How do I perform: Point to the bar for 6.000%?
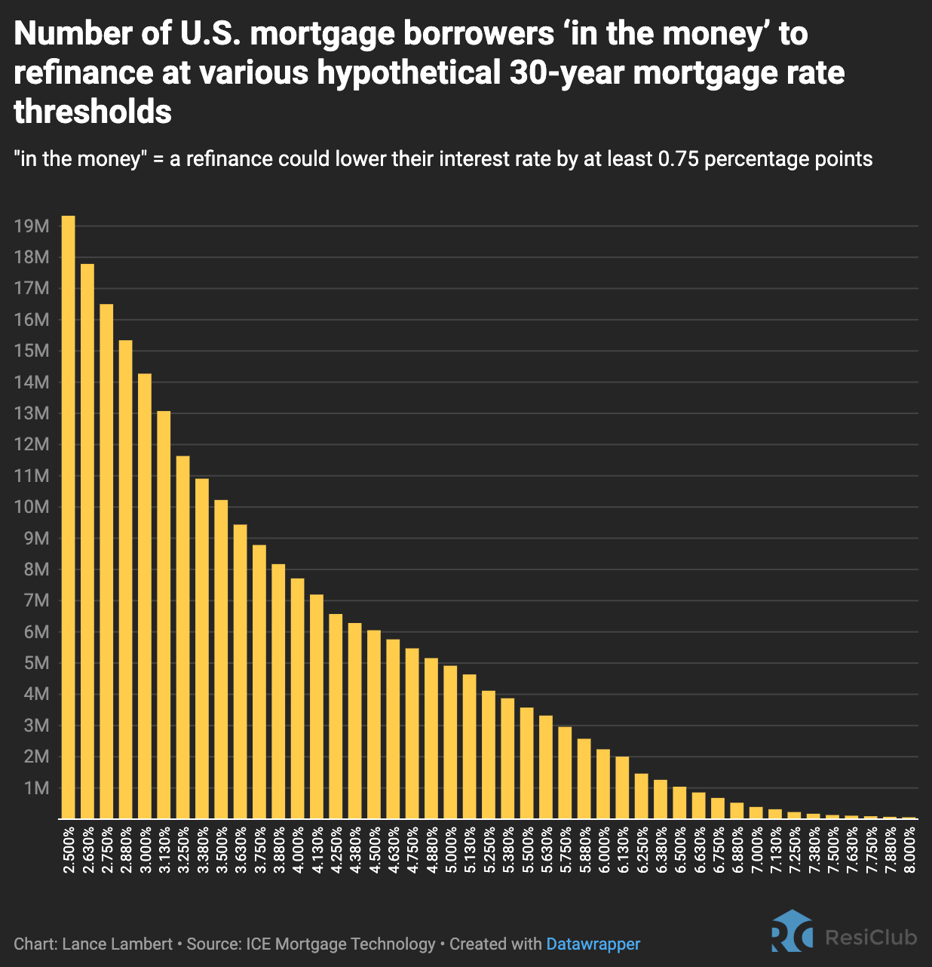(x=603, y=784)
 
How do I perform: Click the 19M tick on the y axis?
(x=32, y=226)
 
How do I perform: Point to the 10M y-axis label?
(x=32, y=507)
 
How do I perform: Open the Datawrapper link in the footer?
(x=593, y=944)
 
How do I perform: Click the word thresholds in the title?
(x=93, y=112)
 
